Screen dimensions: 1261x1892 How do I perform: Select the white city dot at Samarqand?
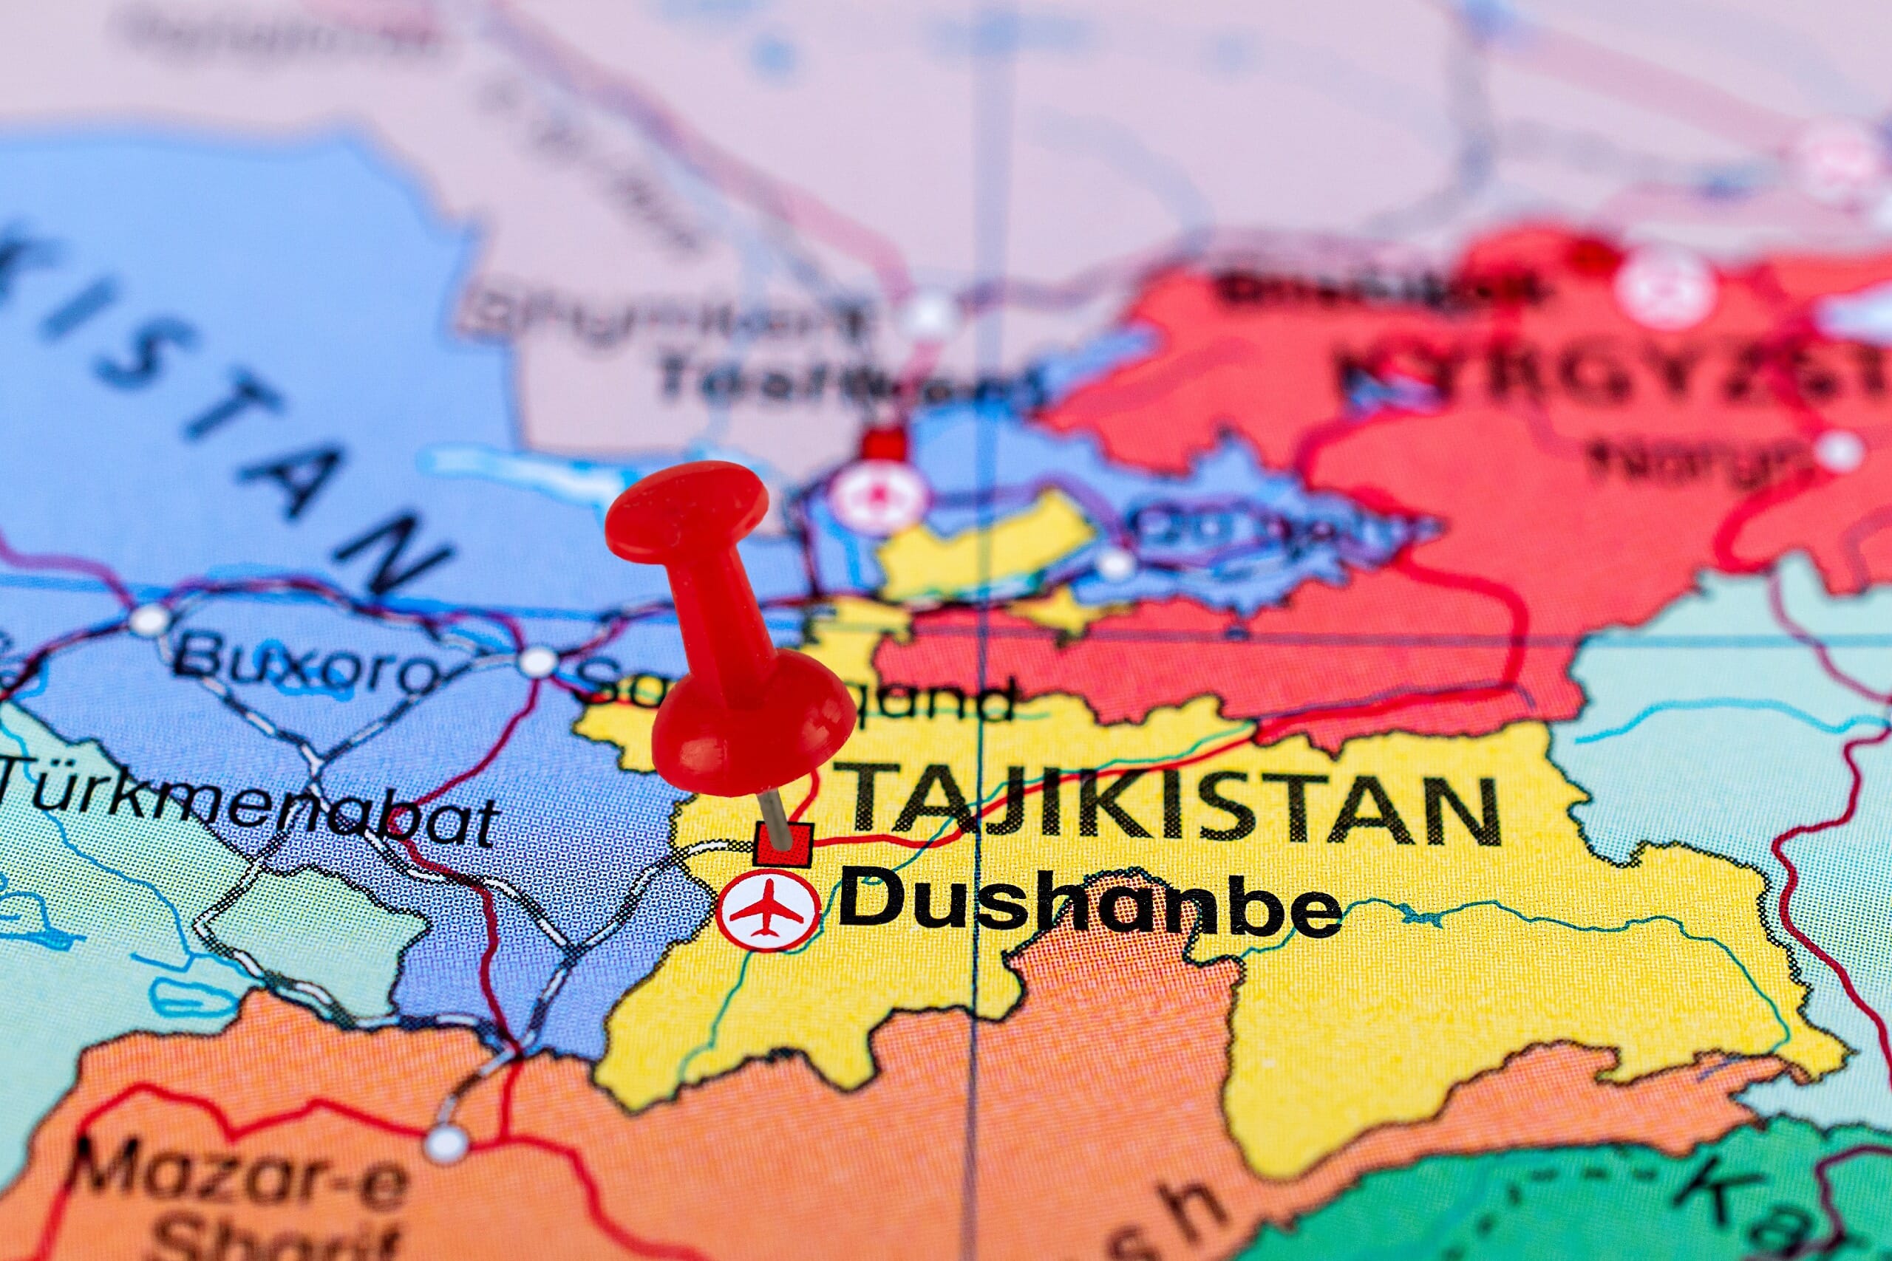click(x=538, y=663)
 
